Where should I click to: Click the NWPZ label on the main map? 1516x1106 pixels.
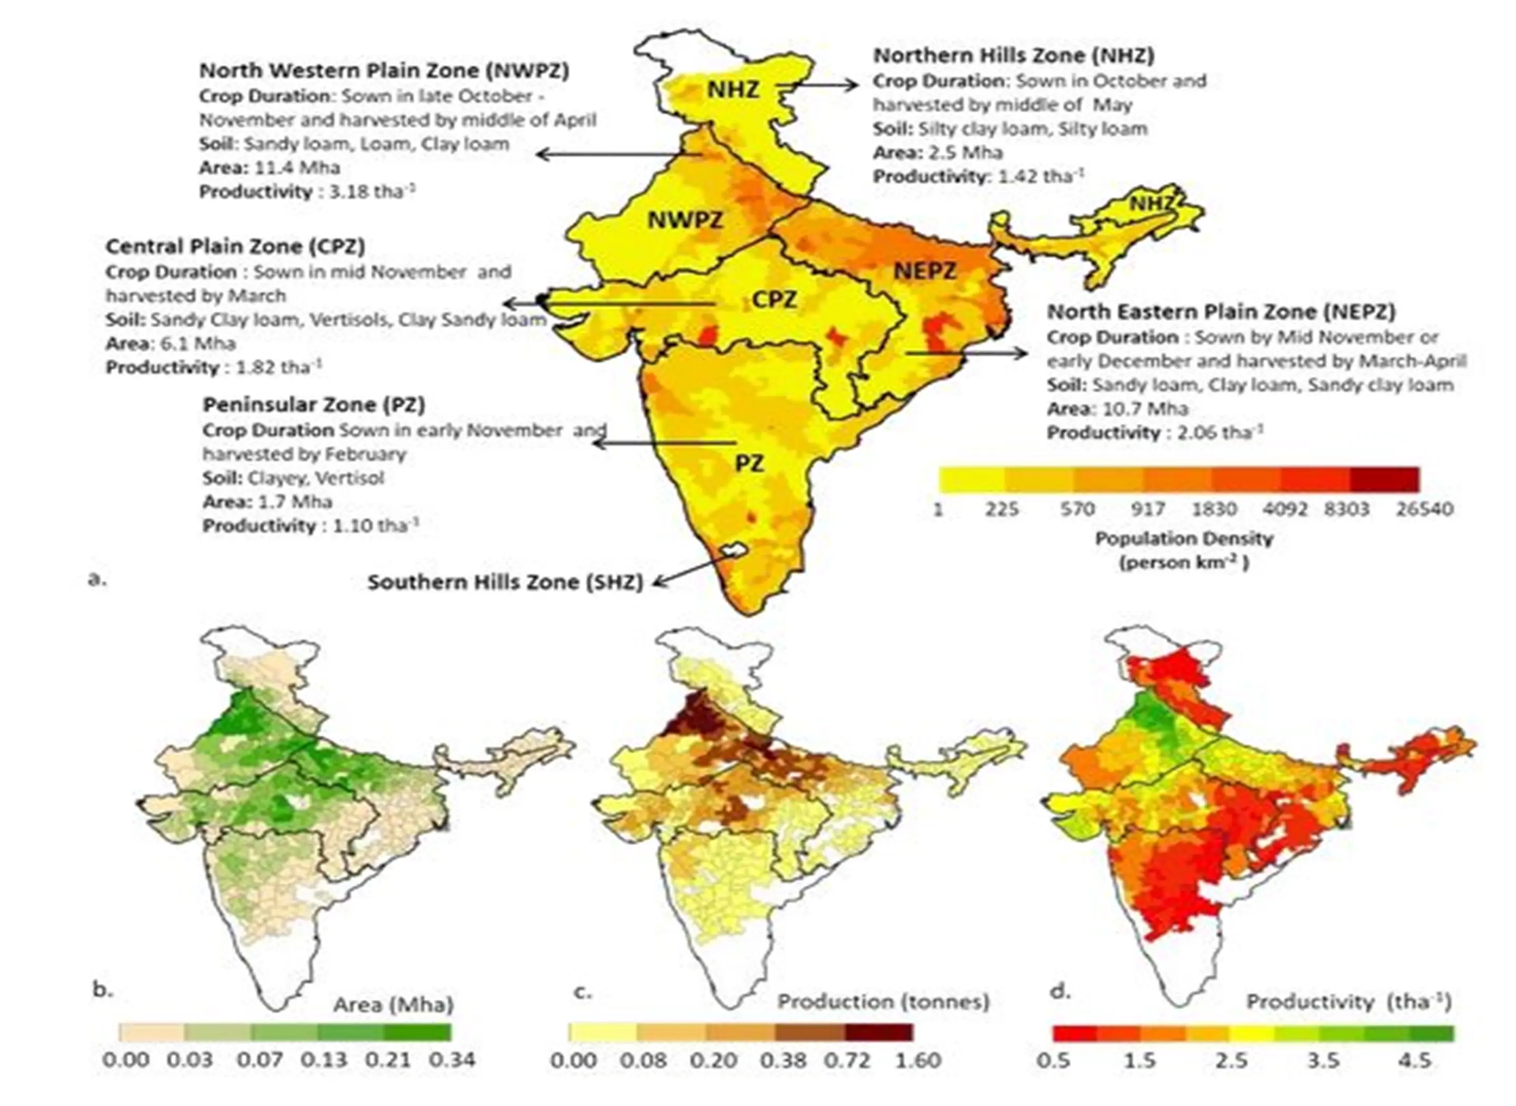[x=685, y=220]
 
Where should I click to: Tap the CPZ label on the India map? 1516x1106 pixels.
[x=775, y=299]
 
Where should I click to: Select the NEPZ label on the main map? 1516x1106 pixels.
[x=926, y=271]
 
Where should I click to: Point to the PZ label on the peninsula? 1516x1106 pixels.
[x=749, y=463]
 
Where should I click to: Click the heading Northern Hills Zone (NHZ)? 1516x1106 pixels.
[x=1013, y=55]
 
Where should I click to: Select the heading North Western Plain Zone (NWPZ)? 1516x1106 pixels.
[x=384, y=71]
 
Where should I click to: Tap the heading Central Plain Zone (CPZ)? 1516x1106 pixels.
[x=235, y=246]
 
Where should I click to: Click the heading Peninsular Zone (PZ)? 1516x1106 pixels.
[x=314, y=405]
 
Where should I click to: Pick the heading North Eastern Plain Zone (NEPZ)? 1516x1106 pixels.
[x=1221, y=312]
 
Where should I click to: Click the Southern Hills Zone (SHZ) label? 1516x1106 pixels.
[x=505, y=583]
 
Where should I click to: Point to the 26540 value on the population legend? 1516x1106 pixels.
[x=1424, y=510]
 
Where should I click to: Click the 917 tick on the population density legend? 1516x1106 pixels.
[x=1148, y=510]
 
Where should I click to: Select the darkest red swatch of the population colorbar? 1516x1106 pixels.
[x=1384, y=480]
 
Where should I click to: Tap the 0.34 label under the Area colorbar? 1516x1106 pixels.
[x=453, y=1061]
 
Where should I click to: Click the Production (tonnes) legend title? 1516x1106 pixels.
[x=883, y=1001]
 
